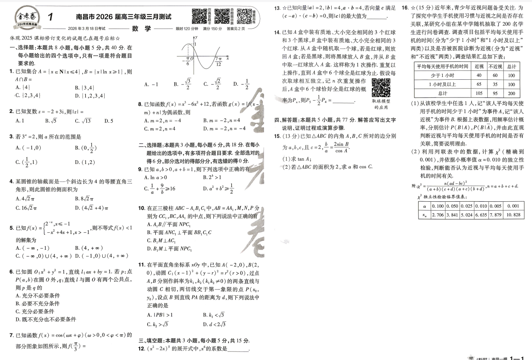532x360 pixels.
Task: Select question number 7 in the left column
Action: pos(12,335)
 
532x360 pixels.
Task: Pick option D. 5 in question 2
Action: pos(109,120)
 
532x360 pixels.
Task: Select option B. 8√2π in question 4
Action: pos(84,199)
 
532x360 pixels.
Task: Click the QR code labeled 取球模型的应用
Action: pos(380,88)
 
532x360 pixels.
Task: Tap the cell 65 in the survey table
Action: pos(478,85)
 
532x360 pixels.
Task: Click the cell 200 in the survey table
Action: pos(511,93)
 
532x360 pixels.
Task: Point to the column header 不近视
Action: pos(495,66)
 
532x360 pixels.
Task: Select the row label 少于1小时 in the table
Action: pos(442,75)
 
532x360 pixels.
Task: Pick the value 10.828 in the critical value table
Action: pos(513,215)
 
